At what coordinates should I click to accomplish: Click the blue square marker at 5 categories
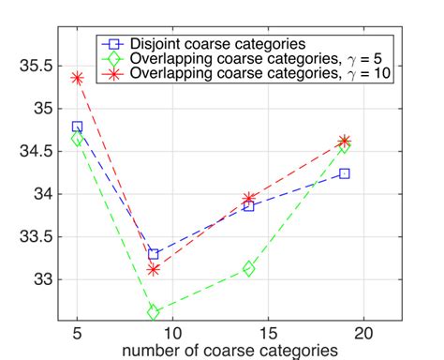pos(77,127)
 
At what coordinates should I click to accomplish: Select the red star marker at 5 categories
pos(77,78)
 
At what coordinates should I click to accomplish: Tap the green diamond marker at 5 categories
pos(77,139)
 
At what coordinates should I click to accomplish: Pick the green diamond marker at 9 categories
pos(154,312)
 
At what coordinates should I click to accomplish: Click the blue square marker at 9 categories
pos(154,254)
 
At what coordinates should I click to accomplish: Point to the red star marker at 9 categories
pos(154,269)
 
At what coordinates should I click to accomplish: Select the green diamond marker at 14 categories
pos(249,269)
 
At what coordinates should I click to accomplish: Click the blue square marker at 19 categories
pos(345,173)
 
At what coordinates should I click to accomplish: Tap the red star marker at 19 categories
pos(345,141)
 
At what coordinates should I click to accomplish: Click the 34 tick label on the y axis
pos(37,194)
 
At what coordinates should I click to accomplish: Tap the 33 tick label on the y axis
pos(37,279)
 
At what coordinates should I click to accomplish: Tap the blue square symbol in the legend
pos(113,44)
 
